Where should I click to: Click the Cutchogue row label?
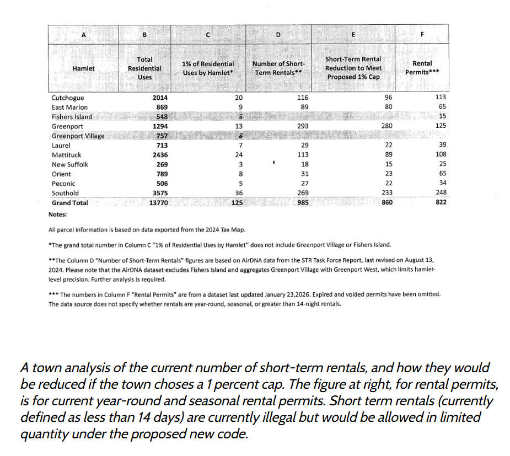68,98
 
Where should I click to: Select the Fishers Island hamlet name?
72,116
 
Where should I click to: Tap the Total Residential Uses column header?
144,68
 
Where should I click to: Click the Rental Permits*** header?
422,68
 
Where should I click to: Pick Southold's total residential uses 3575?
160,193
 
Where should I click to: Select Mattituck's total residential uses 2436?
160,155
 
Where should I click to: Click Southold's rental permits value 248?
440,193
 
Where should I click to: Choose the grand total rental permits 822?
440,202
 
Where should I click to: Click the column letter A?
83,35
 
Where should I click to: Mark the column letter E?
353,35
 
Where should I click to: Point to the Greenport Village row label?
78,136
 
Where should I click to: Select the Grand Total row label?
69,203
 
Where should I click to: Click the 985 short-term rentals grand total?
302,202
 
